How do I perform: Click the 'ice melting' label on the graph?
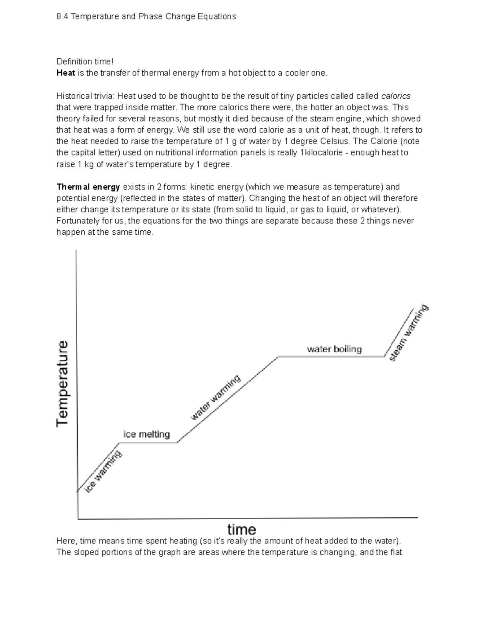[146, 434]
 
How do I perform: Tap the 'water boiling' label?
[334, 349]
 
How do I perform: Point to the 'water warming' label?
[216, 397]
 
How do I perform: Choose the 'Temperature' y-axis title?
[63, 383]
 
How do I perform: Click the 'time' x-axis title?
[242, 529]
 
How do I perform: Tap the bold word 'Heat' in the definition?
[66, 73]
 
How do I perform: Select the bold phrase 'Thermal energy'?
[88, 187]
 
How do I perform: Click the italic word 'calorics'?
[396, 96]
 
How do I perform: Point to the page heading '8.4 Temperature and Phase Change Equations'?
[146, 16]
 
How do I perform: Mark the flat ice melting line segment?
[148, 443]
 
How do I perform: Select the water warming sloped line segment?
[228, 399]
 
